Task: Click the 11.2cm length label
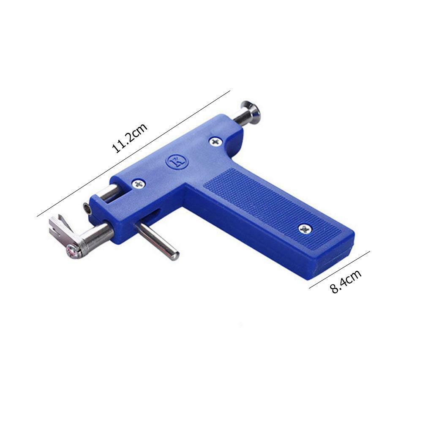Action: tap(130, 138)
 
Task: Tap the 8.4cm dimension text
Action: tap(346, 281)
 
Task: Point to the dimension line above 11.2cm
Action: tap(134, 153)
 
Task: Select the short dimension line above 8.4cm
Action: tap(339, 270)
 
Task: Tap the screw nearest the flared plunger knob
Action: tap(216, 142)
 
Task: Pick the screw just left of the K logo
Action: tap(139, 185)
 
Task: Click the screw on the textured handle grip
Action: tap(305, 229)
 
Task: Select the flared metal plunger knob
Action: tap(251, 112)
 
